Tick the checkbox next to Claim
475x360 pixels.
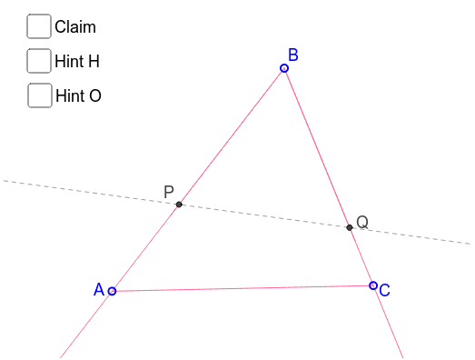point(39,26)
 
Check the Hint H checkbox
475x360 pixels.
point(39,61)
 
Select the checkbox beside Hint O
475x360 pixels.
point(39,95)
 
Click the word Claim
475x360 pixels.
point(74,27)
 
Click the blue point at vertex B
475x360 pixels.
point(284,68)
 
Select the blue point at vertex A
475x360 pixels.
point(112,291)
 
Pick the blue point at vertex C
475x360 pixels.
point(373,285)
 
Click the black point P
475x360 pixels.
point(179,205)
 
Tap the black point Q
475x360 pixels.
point(350,227)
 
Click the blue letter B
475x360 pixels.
point(293,55)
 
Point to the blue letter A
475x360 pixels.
point(99,290)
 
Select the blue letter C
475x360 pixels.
point(385,291)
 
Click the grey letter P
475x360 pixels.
point(168,192)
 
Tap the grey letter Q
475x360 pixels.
point(362,222)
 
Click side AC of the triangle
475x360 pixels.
point(242,288)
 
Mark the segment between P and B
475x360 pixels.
point(232,136)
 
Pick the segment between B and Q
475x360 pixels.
point(317,147)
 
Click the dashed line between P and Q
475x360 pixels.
point(264,215)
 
